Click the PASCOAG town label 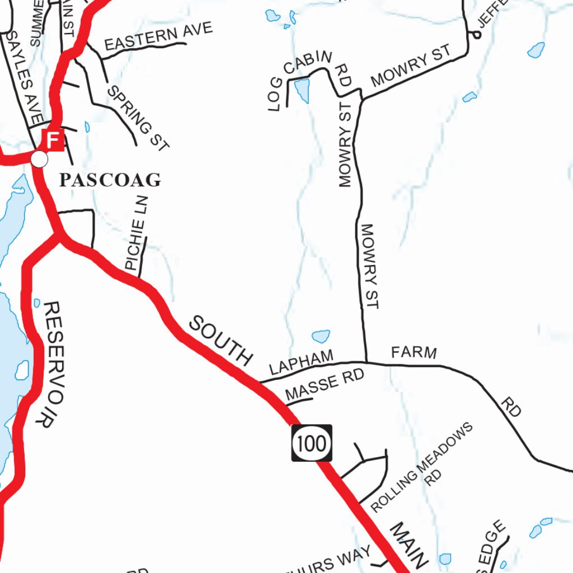pos(110,180)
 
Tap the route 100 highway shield pos(312,443)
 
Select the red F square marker pos(53,139)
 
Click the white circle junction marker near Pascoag pos(39,159)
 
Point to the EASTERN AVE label pos(158,36)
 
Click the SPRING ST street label pos(138,119)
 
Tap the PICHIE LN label pos(136,233)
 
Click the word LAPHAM pos(302,363)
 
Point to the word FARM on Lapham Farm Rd pos(414,353)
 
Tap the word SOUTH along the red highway pos(220,340)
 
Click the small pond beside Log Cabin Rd pos(302,90)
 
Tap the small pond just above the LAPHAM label pos(321,336)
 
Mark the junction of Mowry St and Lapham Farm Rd pos(366,362)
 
